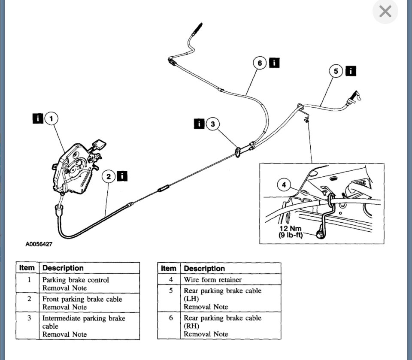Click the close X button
[385, 12]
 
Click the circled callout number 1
[51, 118]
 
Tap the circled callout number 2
[109, 176]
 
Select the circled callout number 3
[212, 124]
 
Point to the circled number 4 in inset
[284, 185]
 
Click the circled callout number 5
[336, 71]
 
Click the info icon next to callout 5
[351, 71]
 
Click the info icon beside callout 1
[38, 118]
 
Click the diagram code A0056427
[39, 244]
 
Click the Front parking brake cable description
[82, 299]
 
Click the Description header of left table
[63, 268]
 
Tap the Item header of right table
[169, 269]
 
